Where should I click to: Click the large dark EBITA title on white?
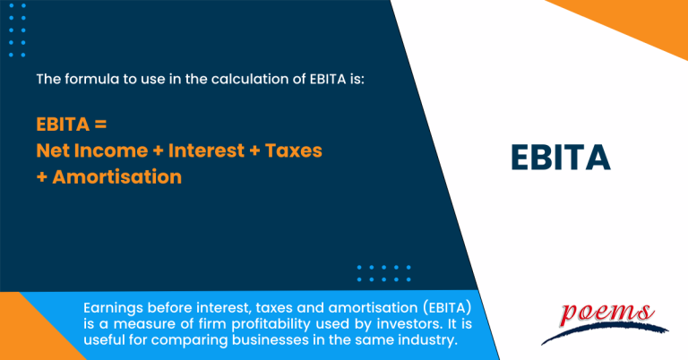click(x=560, y=157)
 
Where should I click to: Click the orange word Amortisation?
click(x=116, y=177)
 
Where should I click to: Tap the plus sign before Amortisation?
click(x=41, y=177)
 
